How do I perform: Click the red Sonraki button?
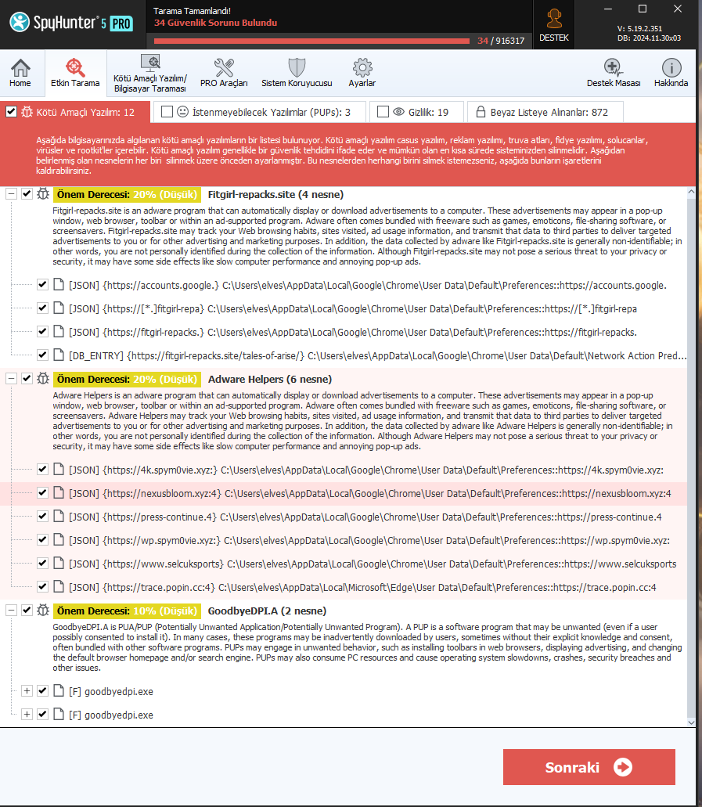tap(589, 766)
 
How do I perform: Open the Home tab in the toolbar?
tap(20, 74)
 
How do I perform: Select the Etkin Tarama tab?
tap(75, 74)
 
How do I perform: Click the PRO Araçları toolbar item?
tap(224, 74)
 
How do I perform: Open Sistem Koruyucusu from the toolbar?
tap(297, 74)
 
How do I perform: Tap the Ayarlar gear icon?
tap(362, 74)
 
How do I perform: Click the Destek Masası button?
tap(614, 74)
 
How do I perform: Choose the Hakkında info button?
tap(671, 74)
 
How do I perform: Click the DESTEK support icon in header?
tap(555, 23)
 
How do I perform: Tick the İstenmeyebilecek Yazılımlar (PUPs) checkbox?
tap(167, 112)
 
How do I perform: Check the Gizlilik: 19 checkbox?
tap(383, 112)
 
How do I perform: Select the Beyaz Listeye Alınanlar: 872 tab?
tap(546, 112)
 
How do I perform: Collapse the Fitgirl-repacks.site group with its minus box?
tap(11, 194)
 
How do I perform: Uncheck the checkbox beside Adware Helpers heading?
tap(27, 379)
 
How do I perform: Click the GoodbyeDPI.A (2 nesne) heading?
tap(267, 611)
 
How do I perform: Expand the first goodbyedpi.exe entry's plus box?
tap(27, 691)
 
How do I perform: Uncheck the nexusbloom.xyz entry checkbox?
tap(42, 493)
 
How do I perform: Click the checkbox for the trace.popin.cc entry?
tap(42, 586)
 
